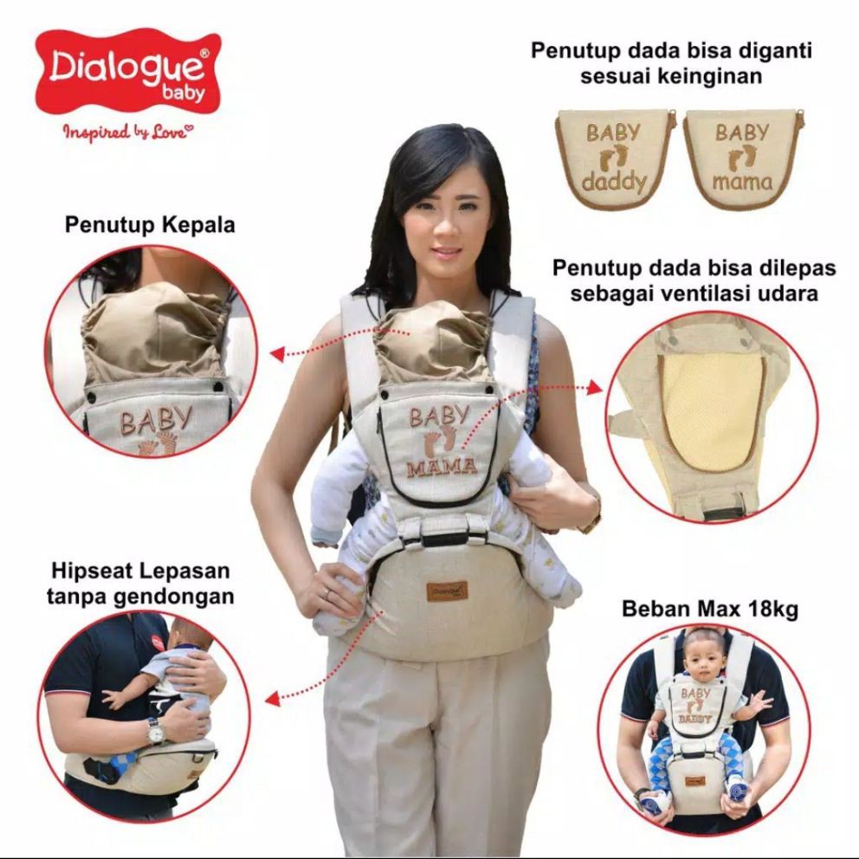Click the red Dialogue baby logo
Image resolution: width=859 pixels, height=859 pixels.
128,72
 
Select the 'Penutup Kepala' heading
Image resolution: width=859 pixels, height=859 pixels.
150,226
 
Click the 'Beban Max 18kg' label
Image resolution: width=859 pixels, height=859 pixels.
710,609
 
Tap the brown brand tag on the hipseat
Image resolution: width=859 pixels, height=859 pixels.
447,591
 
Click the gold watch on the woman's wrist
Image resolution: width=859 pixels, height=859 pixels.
592,521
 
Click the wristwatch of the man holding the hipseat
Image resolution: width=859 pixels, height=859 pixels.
155,733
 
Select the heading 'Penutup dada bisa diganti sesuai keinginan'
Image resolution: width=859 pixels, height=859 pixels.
671,63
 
